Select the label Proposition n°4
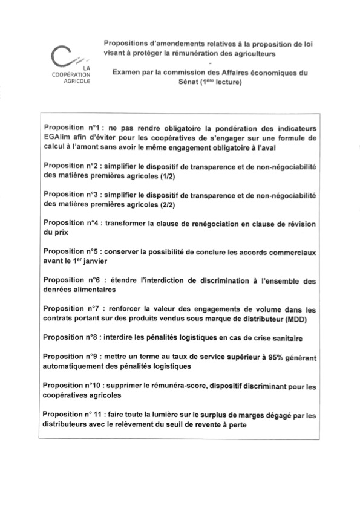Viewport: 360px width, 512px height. click(x=71, y=223)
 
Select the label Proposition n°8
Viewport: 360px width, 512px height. click(x=71, y=337)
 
